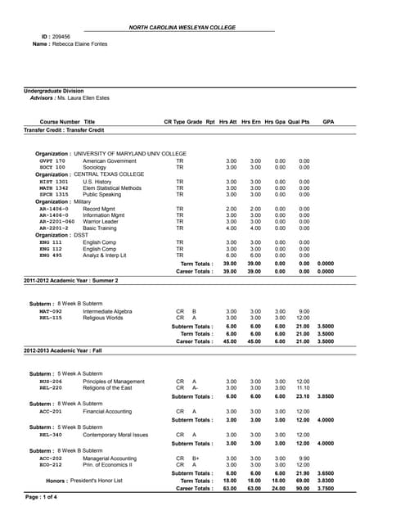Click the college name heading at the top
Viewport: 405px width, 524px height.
tap(202, 28)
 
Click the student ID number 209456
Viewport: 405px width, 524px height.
tap(61, 37)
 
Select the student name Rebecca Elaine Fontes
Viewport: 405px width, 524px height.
tap(80, 44)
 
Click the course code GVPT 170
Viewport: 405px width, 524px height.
tap(52, 161)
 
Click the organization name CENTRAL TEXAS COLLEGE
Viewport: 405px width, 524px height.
tap(109, 174)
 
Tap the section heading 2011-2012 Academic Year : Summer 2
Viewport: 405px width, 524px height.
tap(71, 280)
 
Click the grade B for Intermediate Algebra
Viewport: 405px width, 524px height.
tap(194, 311)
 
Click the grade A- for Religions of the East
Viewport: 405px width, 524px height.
tap(195, 387)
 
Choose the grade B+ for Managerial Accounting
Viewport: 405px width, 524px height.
tap(196, 458)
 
